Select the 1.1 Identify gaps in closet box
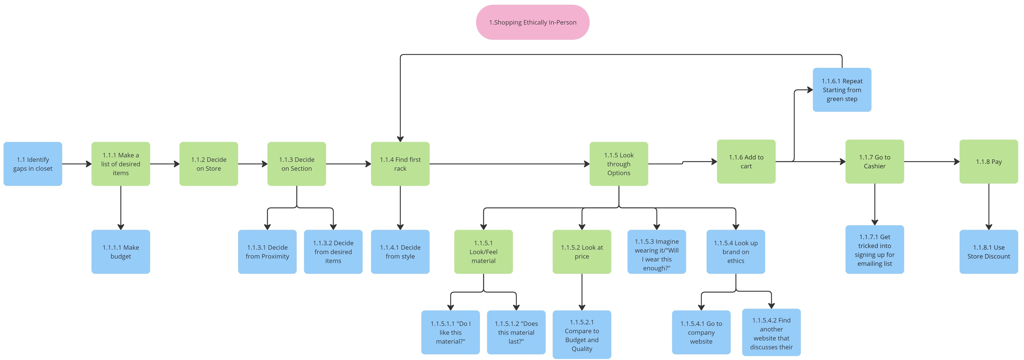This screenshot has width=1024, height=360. coord(33,164)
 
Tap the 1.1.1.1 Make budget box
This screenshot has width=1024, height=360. coord(121,251)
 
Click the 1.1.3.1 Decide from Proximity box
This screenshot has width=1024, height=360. coord(267,251)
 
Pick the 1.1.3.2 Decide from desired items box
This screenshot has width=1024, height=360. coord(333,251)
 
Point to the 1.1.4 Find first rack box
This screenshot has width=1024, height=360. coord(400,164)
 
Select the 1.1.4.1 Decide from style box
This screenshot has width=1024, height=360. coord(400,251)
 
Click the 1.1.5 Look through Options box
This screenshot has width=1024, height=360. coord(619,164)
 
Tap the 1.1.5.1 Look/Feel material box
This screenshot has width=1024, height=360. coord(483,251)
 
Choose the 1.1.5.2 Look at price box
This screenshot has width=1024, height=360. coord(582,251)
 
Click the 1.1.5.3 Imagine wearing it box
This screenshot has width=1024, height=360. coord(656,251)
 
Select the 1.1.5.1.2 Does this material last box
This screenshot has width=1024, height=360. coord(516,332)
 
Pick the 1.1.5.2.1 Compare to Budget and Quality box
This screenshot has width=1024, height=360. coord(582,335)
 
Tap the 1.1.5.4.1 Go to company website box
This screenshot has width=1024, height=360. coord(701,332)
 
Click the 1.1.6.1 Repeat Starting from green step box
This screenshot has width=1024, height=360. coord(842,90)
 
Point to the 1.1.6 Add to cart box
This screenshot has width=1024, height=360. coord(746,161)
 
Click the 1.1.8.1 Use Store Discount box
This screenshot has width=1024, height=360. coord(988,251)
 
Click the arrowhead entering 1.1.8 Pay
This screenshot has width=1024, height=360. coord(957,162)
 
